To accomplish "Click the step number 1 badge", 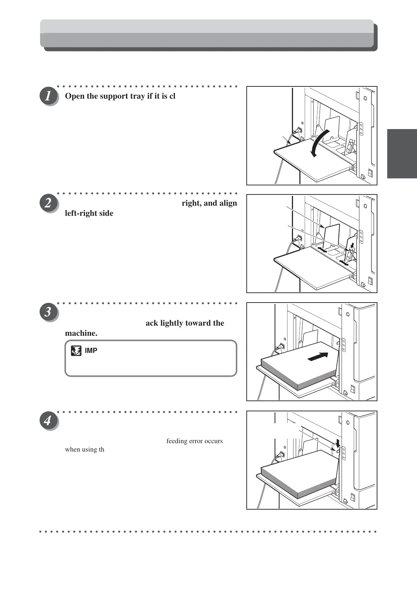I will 48,96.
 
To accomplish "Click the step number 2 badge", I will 48,203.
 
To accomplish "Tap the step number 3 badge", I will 48,312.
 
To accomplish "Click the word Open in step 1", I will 75,96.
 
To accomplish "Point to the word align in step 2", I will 228,203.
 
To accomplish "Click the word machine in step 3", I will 81,333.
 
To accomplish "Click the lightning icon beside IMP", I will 76,350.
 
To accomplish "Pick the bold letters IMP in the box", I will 91,350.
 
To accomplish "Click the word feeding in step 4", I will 177,441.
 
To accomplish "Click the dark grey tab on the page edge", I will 402,154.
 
